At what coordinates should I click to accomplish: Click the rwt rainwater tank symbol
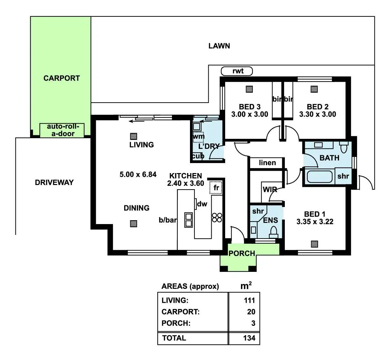click(x=237, y=71)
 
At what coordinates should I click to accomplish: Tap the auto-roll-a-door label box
click(x=61, y=130)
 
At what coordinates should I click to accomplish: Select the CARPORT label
click(x=62, y=78)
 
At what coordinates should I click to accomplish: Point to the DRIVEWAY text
click(x=54, y=182)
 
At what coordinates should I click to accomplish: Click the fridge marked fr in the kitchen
click(x=216, y=188)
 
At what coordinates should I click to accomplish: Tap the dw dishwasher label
click(x=202, y=204)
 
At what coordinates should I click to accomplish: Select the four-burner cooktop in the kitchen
click(x=217, y=217)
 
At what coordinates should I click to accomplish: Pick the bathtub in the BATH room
click(x=319, y=177)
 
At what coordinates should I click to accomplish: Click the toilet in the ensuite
click(x=274, y=231)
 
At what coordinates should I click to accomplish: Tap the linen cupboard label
click(x=267, y=163)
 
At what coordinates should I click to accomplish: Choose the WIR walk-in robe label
click(x=270, y=190)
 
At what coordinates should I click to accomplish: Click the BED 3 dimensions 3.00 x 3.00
click(x=250, y=114)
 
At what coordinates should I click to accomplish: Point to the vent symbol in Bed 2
click(x=314, y=89)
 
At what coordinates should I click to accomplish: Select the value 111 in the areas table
click(x=249, y=300)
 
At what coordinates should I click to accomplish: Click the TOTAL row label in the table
click(x=174, y=338)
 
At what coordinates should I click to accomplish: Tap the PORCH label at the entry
click(x=242, y=253)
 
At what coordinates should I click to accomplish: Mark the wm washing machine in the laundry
click(x=198, y=136)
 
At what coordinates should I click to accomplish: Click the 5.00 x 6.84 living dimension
click(x=138, y=175)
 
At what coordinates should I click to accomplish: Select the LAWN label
click(x=219, y=46)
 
